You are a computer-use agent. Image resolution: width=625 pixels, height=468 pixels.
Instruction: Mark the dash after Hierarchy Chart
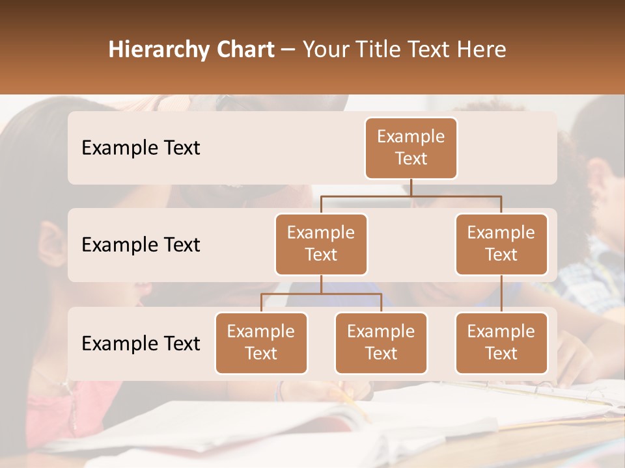coord(288,50)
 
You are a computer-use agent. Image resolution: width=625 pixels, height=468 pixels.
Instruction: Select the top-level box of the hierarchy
coord(411,148)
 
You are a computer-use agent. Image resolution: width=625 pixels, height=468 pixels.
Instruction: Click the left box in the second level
coord(321,244)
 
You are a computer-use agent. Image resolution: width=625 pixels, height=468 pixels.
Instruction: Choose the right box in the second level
coord(501,244)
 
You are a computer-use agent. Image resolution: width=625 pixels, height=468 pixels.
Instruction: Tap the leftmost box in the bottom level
coord(261,343)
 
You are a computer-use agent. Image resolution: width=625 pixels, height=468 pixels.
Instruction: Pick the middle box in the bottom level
coord(381,343)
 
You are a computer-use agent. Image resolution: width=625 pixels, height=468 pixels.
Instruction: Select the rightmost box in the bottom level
coord(501,343)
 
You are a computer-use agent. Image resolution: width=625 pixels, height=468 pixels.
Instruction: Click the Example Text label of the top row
coord(141,148)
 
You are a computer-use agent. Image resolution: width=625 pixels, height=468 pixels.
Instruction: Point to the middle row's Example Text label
coord(141,245)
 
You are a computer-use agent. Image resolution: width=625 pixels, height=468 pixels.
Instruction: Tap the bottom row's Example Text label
coord(141,344)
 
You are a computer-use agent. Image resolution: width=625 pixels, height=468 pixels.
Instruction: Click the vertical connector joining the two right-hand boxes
coord(501,294)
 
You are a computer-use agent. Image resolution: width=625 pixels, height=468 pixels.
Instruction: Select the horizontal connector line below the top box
coord(411,196)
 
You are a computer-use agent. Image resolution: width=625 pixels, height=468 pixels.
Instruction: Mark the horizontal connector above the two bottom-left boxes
coord(321,294)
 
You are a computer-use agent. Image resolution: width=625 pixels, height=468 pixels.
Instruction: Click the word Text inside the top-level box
coord(411,159)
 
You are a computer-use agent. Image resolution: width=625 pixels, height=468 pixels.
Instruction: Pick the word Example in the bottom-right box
coord(501,331)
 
